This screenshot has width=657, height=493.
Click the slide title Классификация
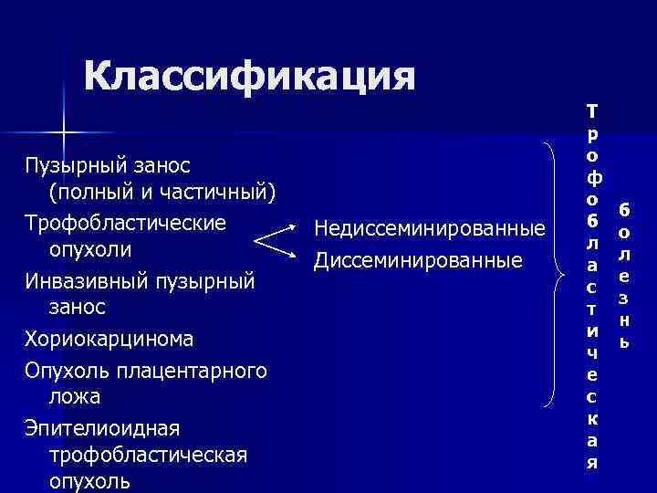pyautogui.click(x=249, y=78)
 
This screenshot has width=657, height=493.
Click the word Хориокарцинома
pyautogui.click(x=109, y=339)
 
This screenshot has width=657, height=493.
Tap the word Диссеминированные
pyautogui.click(x=417, y=259)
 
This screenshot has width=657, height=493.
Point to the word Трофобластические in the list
pyautogui.click(x=125, y=222)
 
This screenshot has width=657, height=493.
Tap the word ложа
pyautogui.click(x=76, y=397)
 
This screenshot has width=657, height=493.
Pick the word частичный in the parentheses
pyautogui.click(x=214, y=193)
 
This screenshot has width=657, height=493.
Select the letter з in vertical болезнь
pyautogui.click(x=624, y=298)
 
